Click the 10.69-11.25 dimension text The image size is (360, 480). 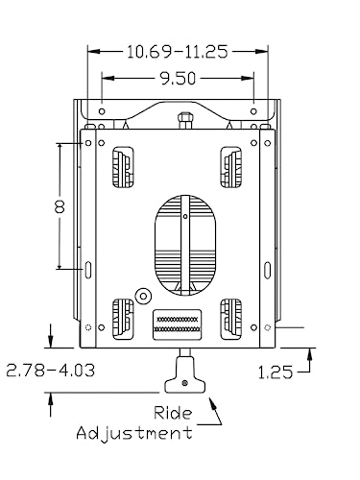(x=178, y=52)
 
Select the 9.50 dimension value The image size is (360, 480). (x=177, y=81)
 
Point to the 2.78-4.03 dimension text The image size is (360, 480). (x=50, y=370)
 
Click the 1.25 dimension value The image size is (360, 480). (x=276, y=370)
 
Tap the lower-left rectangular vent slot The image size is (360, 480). (x=123, y=317)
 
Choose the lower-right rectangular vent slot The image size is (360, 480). (x=231, y=317)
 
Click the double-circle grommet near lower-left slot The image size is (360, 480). (x=142, y=296)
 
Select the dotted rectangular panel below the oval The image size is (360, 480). (x=180, y=323)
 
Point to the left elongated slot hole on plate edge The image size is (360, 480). (x=87, y=269)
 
